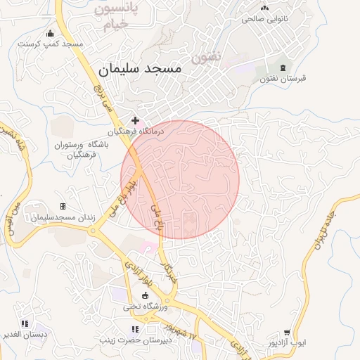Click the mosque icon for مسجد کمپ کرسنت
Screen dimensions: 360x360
[50, 33]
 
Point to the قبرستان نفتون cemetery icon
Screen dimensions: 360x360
[283, 67]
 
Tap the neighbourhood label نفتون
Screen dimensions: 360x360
[206, 54]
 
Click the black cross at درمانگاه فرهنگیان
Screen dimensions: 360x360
[135, 120]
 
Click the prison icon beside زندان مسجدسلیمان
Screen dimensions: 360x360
[63, 207]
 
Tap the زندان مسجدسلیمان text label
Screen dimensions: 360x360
[62, 218]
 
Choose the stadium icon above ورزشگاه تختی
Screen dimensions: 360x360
[146, 295]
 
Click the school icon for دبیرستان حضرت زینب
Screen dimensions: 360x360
[135, 329]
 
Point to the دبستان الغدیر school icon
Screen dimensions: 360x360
[25, 323]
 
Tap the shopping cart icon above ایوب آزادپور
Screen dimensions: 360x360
[287, 333]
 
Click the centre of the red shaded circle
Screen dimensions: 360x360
[180, 179]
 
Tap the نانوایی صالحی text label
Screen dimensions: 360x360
[266, 19]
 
